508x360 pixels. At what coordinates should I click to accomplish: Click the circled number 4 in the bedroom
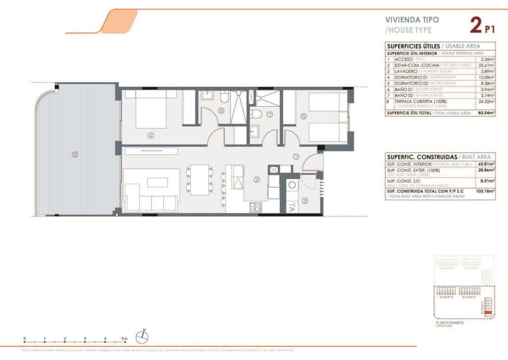point(151,135)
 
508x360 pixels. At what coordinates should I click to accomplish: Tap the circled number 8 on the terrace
point(75,154)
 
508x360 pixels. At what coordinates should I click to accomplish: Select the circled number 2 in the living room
point(256,180)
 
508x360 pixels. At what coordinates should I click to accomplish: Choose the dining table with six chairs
point(199,180)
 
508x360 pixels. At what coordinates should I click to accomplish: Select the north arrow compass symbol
point(142,337)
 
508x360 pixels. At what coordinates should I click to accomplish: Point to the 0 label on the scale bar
point(24,339)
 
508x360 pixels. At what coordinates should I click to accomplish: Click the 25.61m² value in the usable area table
point(487,65)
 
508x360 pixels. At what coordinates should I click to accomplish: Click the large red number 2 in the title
point(476,25)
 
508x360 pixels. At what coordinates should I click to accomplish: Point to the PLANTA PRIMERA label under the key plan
point(450,322)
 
